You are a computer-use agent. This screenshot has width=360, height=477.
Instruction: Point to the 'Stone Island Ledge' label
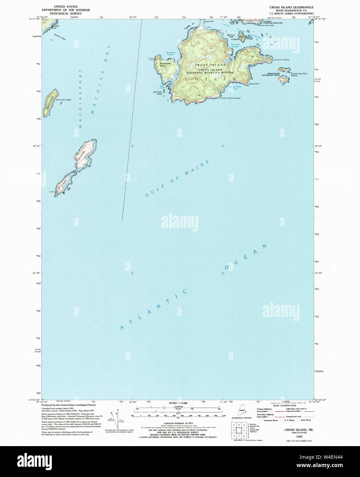63,100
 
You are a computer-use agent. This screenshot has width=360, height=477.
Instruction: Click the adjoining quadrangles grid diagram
239,429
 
